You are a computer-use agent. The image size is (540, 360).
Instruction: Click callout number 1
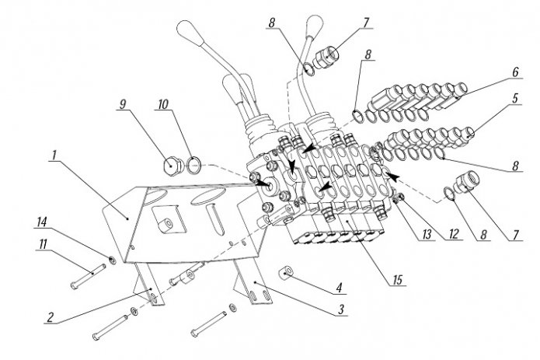54,156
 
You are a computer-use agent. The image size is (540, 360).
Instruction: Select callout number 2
51,317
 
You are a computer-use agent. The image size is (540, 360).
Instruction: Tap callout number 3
340,309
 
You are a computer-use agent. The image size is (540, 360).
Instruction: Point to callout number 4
340,288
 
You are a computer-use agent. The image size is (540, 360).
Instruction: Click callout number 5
515,99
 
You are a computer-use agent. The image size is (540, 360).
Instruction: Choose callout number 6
515,72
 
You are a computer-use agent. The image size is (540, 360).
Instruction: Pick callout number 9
123,104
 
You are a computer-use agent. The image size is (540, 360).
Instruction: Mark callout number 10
162,104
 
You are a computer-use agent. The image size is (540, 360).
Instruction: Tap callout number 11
43,244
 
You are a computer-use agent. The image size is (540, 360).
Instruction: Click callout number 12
453,234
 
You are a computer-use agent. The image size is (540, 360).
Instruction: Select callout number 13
427,235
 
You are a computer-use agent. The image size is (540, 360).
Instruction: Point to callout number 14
41,222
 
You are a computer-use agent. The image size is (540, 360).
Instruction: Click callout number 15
397,280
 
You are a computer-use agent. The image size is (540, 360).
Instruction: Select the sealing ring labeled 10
194,164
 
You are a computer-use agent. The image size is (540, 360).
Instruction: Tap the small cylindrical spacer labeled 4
285,271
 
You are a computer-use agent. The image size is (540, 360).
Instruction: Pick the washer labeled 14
112,260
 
